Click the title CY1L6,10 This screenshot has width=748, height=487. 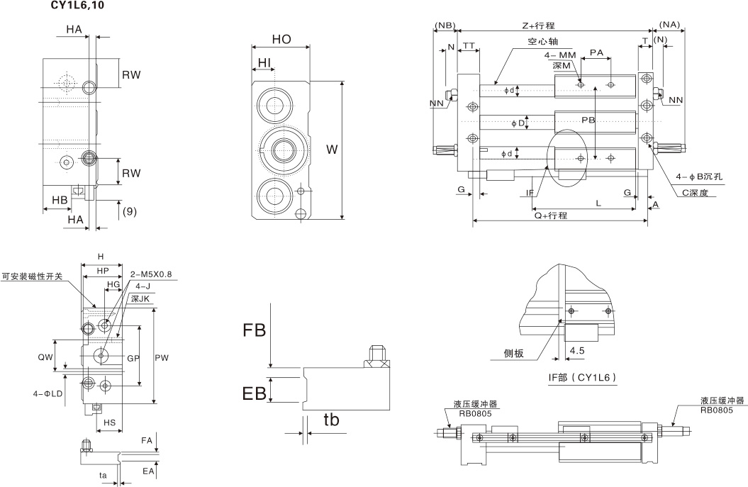pyautogui.click(x=79, y=6)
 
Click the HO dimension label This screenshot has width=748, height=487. pyautogui.click(x=281, y=40)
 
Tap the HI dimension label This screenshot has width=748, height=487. pyautogui.click(x=264, y=63)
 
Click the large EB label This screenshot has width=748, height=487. pyautogui.click(x=255, y=393)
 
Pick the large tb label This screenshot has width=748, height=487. pyautogui.click(x=331, y=420)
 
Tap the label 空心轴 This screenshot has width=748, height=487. pyautogui.click(x=541, y=42)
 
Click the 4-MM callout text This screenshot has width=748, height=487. pyautogui.click(x=560, y=55)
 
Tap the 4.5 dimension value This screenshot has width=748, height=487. pyautogui.click(x=576, y=350)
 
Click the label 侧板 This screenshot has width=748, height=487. pyautogui.click(x=513, y=353)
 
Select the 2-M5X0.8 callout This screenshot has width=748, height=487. pyautogui.click(x=152, y=274)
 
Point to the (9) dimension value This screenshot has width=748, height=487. pyautogui.click(x=129, y=211)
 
